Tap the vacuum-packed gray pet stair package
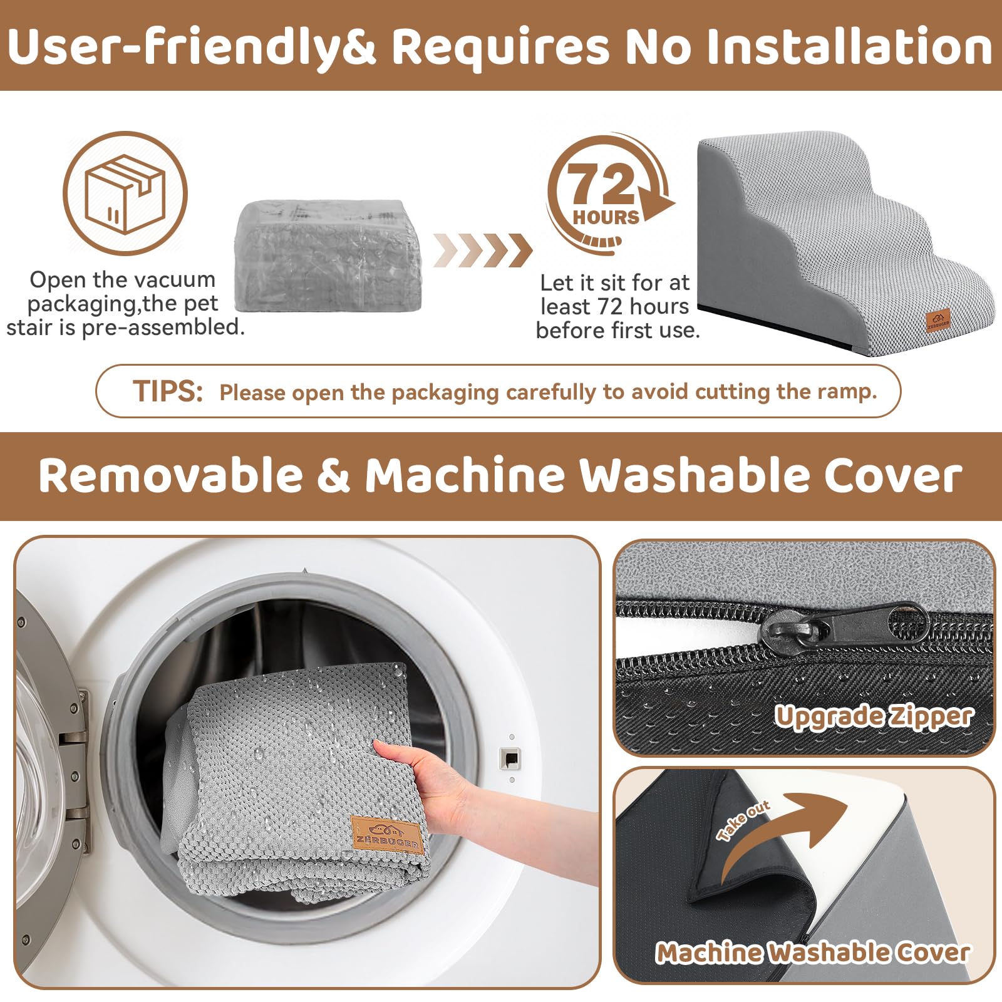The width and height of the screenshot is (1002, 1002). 328,256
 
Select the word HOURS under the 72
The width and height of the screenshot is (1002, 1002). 606,217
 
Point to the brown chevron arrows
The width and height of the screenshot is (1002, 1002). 482,250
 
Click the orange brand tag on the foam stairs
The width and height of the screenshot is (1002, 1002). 938,321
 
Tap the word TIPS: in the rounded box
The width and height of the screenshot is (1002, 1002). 168,391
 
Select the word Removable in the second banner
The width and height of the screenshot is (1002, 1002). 170,475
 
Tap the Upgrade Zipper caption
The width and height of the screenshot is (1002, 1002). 874,716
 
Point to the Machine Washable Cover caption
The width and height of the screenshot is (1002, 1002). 813,953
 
